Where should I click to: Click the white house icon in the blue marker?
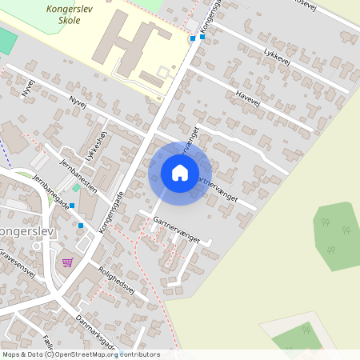tap(180, 173)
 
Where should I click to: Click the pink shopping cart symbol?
tap(67, 262)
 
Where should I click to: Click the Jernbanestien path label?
tap(78, 175)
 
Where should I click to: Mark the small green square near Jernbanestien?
tap(76, 188)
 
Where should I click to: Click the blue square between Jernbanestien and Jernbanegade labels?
tap(72, 206)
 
